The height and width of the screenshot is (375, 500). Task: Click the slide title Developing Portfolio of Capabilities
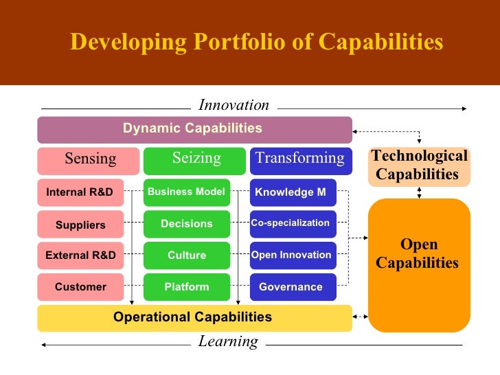[x=256, y=43]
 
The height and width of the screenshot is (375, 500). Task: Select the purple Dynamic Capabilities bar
[x=194, y=129]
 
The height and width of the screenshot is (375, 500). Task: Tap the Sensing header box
[x=89, y=160]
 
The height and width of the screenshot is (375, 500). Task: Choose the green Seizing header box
[x=194, y=160]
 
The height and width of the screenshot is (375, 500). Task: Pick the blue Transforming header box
[x=300, y=160]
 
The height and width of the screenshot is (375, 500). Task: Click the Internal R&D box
[x=80, y=192]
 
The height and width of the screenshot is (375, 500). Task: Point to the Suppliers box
[x=80, y=225]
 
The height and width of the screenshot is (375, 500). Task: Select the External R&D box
[x=80, y=255]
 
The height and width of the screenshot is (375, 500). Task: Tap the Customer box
[x=80, y=287]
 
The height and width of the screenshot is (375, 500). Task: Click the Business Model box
[x=186, y=192]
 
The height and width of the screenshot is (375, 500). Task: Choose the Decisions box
[x=186, y=225]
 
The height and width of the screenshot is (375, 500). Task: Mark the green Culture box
[x=186, y=255]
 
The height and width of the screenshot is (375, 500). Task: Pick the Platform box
[x=186, y=287]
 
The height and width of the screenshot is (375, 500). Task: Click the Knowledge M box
[x=293, y=192]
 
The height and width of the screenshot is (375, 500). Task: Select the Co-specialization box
[x=293, y=224]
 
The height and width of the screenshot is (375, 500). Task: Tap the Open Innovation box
[x=293, y=255]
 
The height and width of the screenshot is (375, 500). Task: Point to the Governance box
[x=293, y=287]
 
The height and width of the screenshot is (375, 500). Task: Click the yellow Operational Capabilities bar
[x=194, y=317]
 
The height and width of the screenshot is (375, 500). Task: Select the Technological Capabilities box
[x=419, y=166]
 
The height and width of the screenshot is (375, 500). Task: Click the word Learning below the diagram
[x=228, y=342]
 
